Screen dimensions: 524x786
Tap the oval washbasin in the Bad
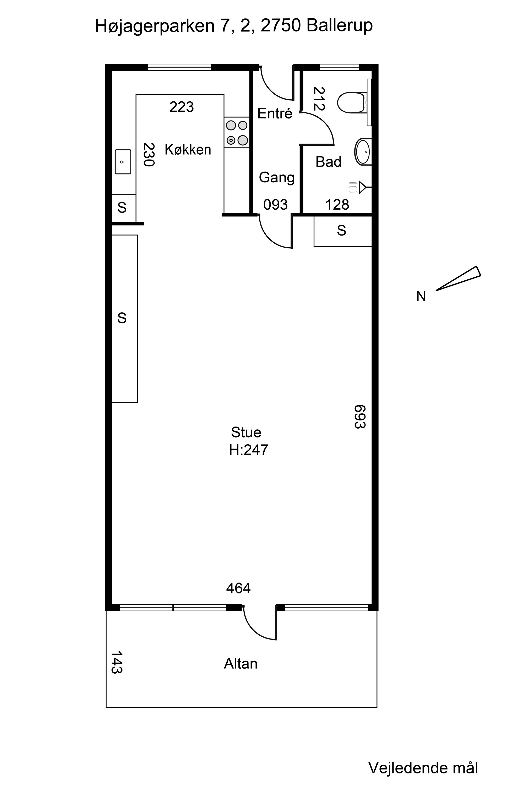tap(363, 152)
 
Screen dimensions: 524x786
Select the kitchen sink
tap(123, 162)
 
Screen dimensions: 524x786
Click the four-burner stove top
tap(237, 132)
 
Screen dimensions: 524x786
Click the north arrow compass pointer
tap(458, 278)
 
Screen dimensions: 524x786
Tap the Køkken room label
tap(188, 149)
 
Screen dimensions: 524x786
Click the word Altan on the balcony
tap(241, 663)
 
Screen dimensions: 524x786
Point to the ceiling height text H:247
tap(249, 450)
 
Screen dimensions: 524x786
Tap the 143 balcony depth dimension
tap(116, 662)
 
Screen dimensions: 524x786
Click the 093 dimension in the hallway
tap(275, 205)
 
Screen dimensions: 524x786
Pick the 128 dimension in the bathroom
tap(337, 205)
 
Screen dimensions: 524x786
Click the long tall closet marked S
tap(124, 319)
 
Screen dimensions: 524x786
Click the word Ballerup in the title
tap(340, 26)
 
